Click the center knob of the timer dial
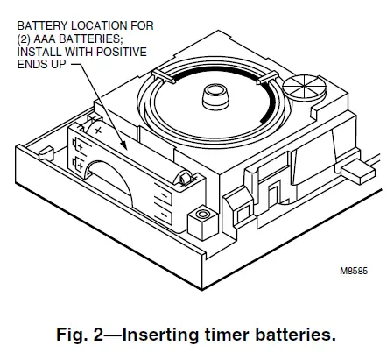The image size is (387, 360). pos(213,94)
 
